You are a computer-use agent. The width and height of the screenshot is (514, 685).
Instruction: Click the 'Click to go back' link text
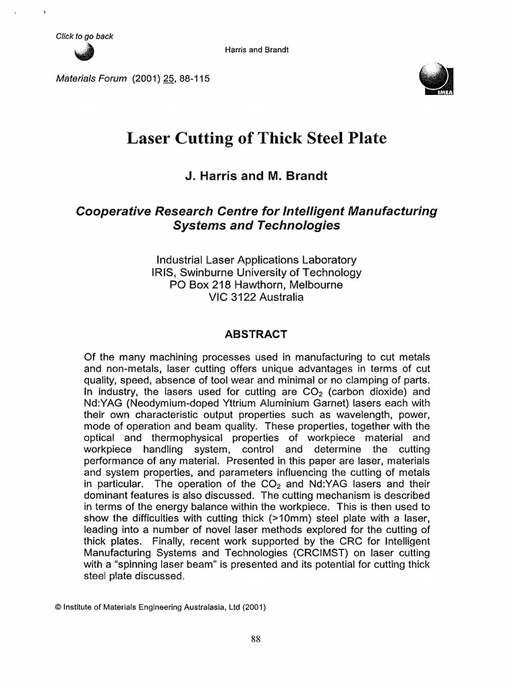(84, 36)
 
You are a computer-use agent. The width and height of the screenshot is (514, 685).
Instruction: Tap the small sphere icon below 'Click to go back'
(86, 54)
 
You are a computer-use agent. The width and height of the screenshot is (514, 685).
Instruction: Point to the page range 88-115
(193, 78)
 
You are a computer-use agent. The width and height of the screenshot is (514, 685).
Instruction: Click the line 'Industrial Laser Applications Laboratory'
(256, 260)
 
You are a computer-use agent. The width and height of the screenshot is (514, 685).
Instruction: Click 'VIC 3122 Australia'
(256, 297)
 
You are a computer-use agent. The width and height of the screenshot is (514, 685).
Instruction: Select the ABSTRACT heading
(256, 334)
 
